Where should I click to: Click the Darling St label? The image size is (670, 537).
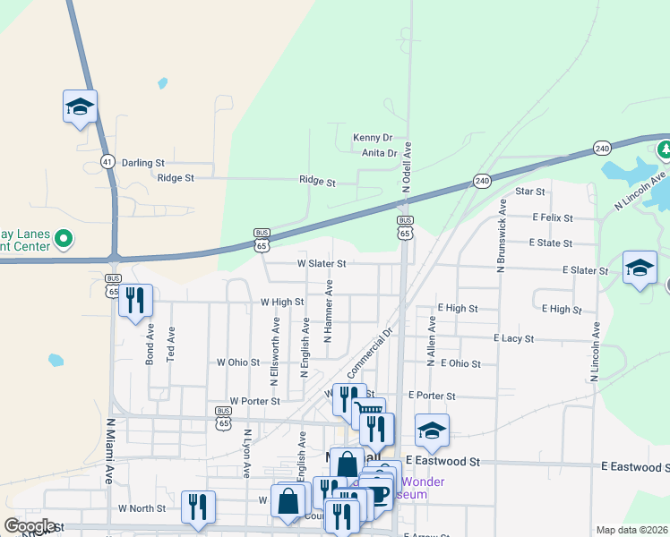[x=143, y=163]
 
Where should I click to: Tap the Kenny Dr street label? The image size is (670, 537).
[x=373, y=138]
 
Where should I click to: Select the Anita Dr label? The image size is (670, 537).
[x=379, y=153]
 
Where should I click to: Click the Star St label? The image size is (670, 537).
[x=530, y=192]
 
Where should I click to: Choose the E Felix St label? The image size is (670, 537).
[x=552, y=217]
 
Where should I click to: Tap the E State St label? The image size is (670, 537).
[x=550, y=243]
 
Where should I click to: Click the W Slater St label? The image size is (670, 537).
[x=321, y=264]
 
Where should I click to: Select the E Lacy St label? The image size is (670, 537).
[x=513, y=339]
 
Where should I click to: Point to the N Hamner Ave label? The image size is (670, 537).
[x=328, y=311]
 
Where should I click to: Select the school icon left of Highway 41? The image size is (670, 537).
[x=80, y=107]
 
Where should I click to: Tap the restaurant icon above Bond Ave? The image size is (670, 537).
[x=135, y=301]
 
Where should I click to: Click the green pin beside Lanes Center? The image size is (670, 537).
[x=63, y=239]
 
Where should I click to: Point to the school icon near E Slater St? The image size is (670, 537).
[x=640, y=267]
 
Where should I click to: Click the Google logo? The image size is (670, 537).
[x=30, y=526]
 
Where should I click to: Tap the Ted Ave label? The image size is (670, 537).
[x=171, y=345]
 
